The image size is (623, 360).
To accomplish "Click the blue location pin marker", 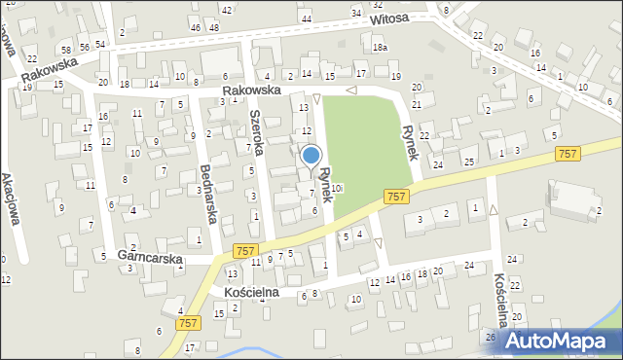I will (311, 156).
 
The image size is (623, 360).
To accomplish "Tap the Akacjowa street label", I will (17, 198).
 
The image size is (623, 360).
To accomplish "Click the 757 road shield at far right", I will (568, 154).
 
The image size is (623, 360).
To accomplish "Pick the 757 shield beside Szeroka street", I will (246, 251).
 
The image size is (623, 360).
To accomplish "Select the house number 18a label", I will (380, 48).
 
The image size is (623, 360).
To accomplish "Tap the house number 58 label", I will (66, 49).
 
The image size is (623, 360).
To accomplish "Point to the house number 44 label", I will (307, 19).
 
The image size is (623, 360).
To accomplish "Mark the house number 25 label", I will (468, 162).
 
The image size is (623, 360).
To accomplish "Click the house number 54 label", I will (99, 46).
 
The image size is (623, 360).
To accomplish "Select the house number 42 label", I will (226, 10).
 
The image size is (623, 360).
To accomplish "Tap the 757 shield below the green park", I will (396, 197).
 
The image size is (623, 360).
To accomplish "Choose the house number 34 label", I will (356, 13).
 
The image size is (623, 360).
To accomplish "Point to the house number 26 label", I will (491, 337).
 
